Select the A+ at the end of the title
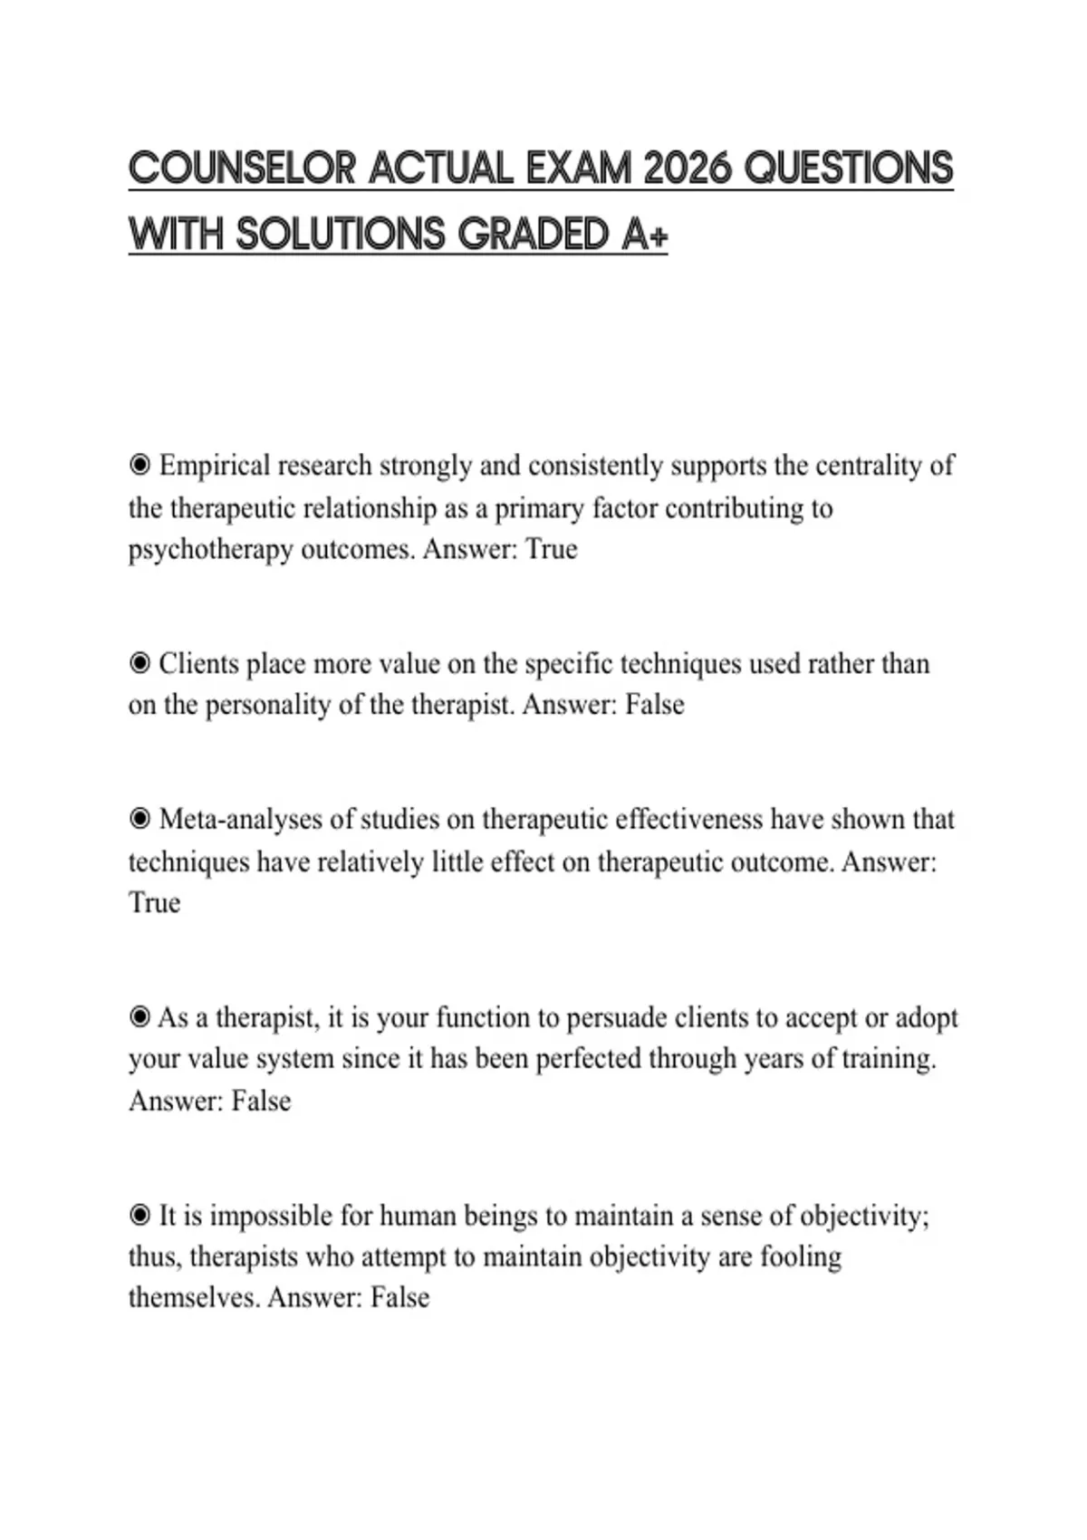(x=645, y=235)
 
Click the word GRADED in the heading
(x=534, y=235)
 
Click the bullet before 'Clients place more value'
(x=139, y=664)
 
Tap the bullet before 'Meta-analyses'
(x=139, y=819)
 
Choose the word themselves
(x=194, y=1298)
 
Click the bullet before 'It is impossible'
(x=139, y=1216)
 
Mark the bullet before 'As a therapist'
(x=139, y=1018)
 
